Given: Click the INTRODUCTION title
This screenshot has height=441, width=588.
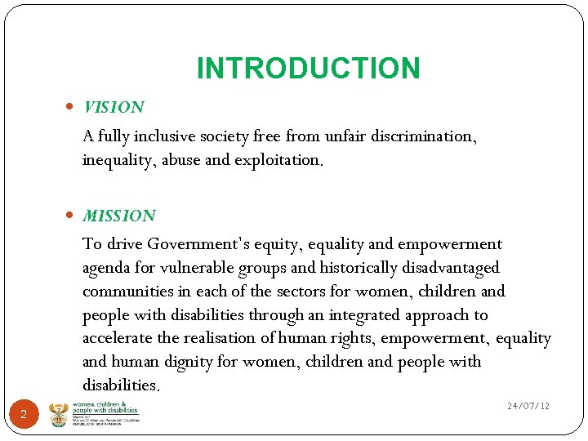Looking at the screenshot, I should tap(308, 69).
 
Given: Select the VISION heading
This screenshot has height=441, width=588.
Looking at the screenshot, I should tap(114, 107).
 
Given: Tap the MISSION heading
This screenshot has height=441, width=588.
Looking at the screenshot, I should tap(118, 216).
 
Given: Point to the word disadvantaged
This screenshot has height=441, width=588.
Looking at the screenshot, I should tap(450, 268).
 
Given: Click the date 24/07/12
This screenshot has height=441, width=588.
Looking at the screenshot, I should tap(528, 406).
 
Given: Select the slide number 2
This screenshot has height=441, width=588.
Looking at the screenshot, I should tap(24, 415).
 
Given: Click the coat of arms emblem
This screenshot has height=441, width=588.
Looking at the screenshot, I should tap(59, 414).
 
